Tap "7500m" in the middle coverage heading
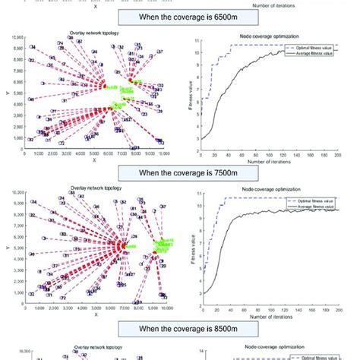point(207,172)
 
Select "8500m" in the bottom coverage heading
point(207,330)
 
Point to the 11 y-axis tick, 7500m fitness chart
point(197,195)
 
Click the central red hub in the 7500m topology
point(122,245)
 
